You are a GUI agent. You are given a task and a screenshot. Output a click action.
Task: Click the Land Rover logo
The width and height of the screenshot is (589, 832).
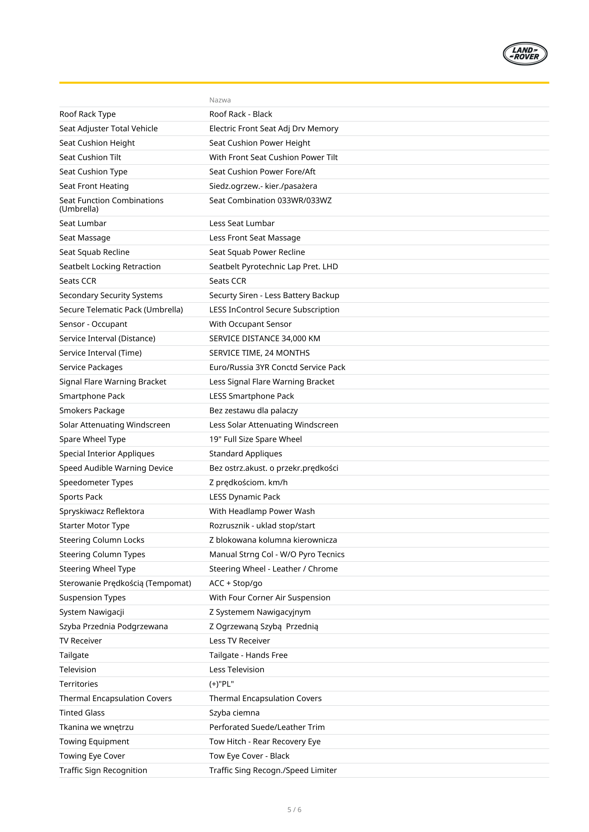tap(525, 54)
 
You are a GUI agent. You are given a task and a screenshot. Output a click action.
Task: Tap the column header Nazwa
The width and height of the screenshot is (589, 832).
tap(220, 100)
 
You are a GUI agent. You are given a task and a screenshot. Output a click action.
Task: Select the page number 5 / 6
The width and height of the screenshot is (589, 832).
tap(294, 810)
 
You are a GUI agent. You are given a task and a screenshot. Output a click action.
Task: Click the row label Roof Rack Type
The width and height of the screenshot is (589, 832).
tap(87, 114)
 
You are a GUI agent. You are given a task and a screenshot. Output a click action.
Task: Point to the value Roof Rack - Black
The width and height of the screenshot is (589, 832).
tap(240, 114)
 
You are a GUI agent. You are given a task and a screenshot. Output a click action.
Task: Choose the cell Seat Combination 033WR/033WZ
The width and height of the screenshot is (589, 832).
tap(270, 200)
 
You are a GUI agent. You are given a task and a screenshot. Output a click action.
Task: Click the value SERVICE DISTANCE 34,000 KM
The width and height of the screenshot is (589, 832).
tap(264, 338)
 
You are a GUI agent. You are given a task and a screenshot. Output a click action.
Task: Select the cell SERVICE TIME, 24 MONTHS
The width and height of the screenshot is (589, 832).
tap(259, 353)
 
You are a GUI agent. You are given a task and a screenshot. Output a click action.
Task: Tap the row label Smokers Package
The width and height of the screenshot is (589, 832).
tap(92, 410)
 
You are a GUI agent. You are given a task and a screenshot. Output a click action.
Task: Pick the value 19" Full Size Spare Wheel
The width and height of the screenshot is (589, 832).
tap(255, 439)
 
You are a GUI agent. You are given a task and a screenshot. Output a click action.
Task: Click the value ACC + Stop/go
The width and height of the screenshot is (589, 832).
tap(235, 583)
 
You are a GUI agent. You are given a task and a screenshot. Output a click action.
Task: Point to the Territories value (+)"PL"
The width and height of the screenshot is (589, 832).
tap(221, 684)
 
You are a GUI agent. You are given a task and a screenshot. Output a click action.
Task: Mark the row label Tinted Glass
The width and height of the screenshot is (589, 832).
tap(82, 713)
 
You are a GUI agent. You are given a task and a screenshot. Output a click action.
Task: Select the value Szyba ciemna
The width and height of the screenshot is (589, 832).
tap(234, 713)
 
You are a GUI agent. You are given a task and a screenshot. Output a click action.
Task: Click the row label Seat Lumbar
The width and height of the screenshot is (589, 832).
tap(83, 223)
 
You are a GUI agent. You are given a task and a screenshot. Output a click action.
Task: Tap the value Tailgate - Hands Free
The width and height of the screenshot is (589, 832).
tap(248, 655)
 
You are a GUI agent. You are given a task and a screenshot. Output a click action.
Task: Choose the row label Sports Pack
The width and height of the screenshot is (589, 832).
tap(81, 497)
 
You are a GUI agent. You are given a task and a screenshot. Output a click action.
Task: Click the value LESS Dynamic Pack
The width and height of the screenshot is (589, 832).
tap(244, 497)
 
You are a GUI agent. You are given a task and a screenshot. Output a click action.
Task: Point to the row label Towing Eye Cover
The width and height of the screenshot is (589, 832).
tap(92, 756)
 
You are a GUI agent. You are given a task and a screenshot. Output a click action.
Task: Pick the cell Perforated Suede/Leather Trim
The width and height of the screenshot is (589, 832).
tap(267, 727)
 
